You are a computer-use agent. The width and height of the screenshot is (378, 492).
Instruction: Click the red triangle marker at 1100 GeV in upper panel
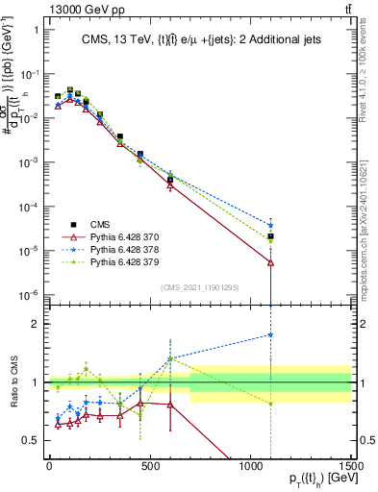(271, 261)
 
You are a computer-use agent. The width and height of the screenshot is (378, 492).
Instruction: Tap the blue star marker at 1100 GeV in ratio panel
(271, 335)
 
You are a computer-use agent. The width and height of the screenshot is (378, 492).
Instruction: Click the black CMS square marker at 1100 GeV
(271, 236)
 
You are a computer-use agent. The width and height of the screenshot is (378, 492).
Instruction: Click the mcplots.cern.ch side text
(370, 240)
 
